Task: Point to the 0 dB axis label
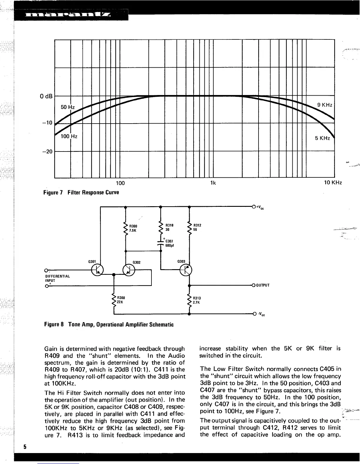46,96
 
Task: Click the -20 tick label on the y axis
47,152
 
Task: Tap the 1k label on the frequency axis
213,183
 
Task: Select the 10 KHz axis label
333,183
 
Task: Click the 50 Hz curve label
67,107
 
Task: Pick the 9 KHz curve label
324,105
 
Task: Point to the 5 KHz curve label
322,138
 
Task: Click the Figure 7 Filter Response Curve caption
81,192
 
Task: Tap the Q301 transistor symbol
97,270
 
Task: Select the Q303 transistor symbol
186,269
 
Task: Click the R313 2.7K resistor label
197,300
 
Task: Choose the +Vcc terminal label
259,207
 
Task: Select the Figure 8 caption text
109,324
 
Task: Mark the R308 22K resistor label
121,300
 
